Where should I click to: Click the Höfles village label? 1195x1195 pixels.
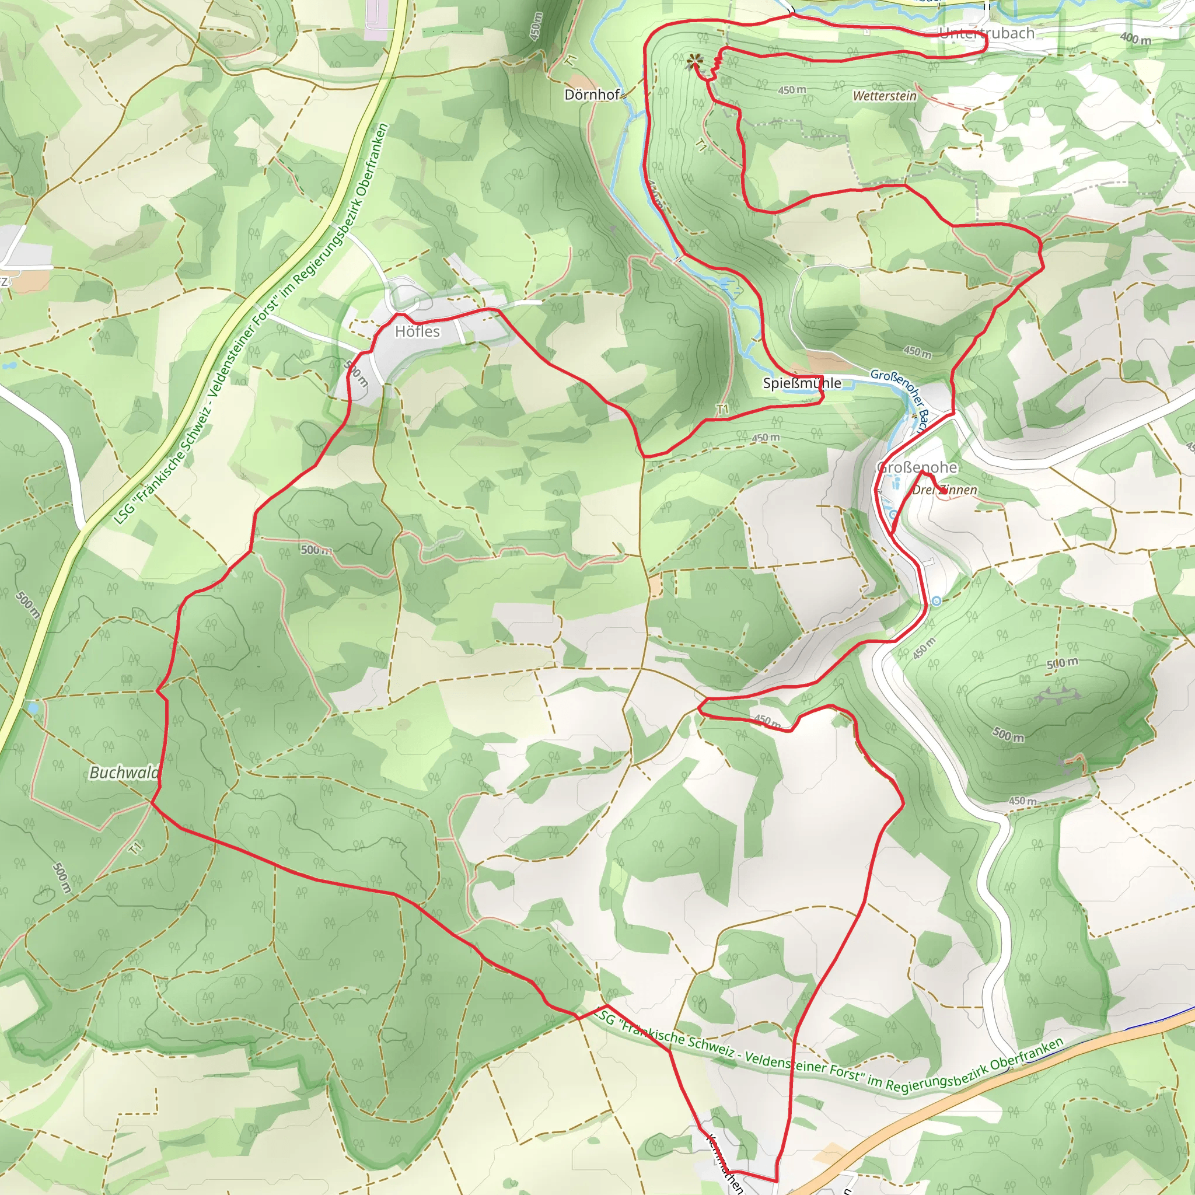click(x=418, y=332)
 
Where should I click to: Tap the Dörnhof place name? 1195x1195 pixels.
click(x=592, y=95)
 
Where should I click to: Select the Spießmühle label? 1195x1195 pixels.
click(x=802, y=383)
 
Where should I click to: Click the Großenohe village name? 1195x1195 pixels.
click(x=917, y=467)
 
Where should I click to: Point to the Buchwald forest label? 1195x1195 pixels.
click(x=124, y=773)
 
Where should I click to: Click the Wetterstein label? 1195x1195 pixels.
click(x=885, y=96)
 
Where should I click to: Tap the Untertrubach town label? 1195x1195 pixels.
click(x=987, y=33)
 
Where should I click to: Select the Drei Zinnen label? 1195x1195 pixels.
click(x=945, y=491)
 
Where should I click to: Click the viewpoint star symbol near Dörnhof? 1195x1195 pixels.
click(x=695, y=61)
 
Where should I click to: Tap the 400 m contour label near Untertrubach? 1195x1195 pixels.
click(x=1135, y=39)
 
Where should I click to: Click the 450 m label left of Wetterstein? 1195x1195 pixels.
click(x=792, y=90)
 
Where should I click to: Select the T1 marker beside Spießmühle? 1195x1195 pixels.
click(x=722, y=410)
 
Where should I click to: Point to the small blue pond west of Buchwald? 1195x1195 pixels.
click(x=32, y=707)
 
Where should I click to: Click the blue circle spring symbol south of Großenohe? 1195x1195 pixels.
click(x=937, y=601)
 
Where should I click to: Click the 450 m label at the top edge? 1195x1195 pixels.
click(x=536, y=27)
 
